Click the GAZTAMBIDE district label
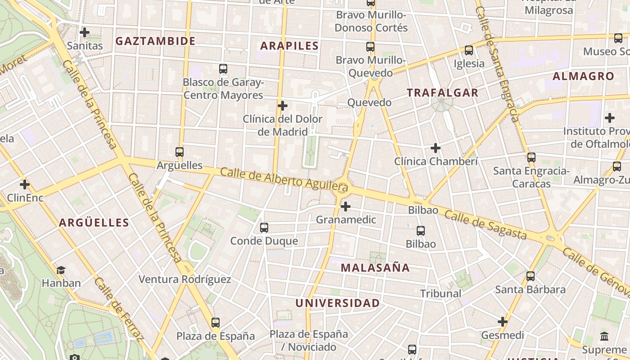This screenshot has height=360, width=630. (155, 41)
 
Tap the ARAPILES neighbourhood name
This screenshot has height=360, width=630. (289, 45)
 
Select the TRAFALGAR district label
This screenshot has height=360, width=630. (442, 93)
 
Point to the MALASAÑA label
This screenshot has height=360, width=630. (375, 268)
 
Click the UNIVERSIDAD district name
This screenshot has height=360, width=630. (337, 303)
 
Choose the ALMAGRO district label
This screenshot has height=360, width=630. (583, 76)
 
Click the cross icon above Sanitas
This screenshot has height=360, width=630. (84, 32)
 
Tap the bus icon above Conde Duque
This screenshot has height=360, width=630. (264, 228)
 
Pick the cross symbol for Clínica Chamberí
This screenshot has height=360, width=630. (435, 148)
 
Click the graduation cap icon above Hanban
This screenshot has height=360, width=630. (61, 270)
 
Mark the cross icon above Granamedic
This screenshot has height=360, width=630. (346, 207)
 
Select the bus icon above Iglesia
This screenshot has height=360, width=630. (469, 50)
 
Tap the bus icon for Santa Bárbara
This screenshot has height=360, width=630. (531, 276)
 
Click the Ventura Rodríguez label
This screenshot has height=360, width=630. (184, 279)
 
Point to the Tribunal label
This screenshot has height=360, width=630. (441, 293)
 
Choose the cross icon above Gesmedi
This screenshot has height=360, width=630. (503, 322)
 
